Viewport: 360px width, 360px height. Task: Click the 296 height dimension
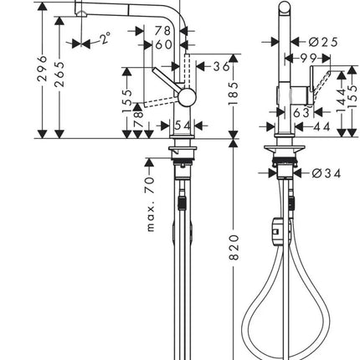pos(42,69)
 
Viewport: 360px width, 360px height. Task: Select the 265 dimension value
pos(59,75)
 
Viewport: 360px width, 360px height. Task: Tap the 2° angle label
pos(105,38)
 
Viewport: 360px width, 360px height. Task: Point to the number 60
pos(163,44)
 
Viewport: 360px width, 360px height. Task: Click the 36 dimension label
pos(221,66)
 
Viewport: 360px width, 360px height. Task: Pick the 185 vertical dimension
pos(234,94)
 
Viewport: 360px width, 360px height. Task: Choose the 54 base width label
pos(183,126)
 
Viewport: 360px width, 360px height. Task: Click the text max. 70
pos(150,204)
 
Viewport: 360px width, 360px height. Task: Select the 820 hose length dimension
pos(234,248)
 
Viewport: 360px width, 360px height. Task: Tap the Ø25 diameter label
pos(323,42)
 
